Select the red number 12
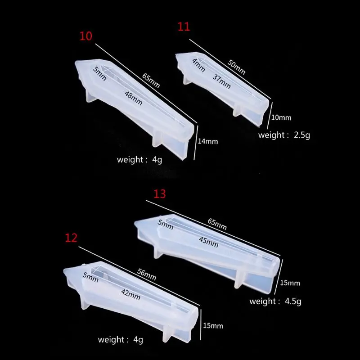71,238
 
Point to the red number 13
160,194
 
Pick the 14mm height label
208,141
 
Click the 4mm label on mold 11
198,65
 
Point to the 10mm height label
282,118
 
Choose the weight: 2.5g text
284,135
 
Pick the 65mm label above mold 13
217,223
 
